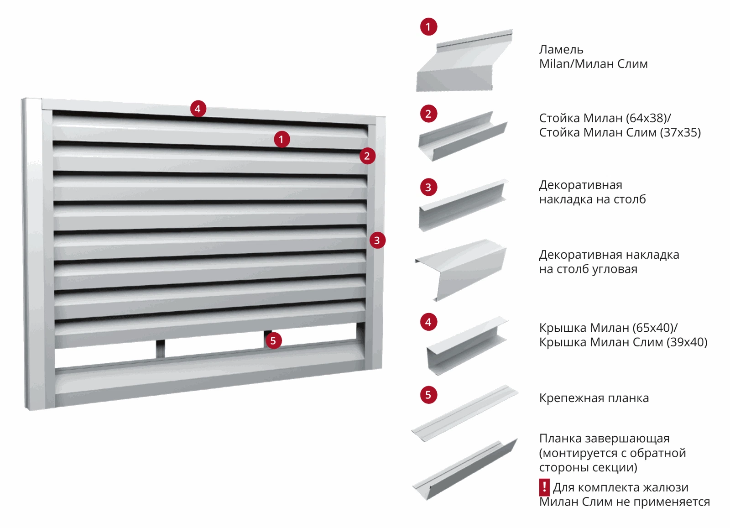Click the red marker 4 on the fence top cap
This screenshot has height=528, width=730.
(x=198, y=109)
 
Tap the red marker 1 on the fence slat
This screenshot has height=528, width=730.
(x=282, y=140)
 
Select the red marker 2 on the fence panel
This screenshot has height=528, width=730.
(x=367, y=156)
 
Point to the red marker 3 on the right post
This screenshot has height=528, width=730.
(x=377, y=240)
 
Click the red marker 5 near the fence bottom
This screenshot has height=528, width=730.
(x=273, y=341)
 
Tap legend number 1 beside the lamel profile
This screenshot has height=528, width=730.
(x=428, y=27)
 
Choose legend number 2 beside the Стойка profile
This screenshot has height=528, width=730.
(x=428, y=114)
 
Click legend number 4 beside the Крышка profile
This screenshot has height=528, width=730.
(x=428, y=322)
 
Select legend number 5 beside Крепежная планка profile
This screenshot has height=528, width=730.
(x=428, y=395)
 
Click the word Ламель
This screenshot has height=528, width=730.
(x=561, y=50)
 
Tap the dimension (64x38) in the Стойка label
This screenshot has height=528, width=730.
(x=647, y=118)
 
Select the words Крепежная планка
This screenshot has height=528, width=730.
(x=594, y=398)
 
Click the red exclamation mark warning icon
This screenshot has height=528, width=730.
(x=544, y=487)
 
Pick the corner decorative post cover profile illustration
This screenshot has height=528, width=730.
(x=461, y=270)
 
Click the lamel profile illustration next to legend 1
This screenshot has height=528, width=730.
(x=464, y=61)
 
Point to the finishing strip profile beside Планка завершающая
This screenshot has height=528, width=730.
(x=465, y=469)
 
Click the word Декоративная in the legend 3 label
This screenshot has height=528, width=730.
(x=581, y=185)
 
